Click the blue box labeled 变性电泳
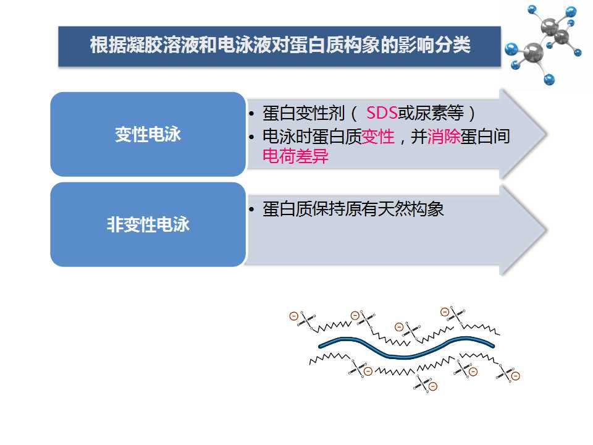[x=148, y=134]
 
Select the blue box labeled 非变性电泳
[x=148, y=225]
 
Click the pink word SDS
[x=382, y=112]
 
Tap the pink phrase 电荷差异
[x=295, y=156]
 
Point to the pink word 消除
[x=444, y=136]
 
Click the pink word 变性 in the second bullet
[x=378, y=136]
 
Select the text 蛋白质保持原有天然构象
[x=353, y=209]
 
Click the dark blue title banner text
[x=280, y=45]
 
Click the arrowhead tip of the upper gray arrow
[x=547, y=134]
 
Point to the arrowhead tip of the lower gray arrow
[x=547, y=230]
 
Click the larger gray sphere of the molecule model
[x=534, y=52]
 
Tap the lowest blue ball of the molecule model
[x=549, y=80]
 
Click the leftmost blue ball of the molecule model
[x=511, y=49]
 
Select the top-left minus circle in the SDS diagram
[x=293, y=316]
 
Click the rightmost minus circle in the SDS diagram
[x=515, y=376]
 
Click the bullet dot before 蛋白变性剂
[x=251, y=114]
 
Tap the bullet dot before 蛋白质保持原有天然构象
[x=251, y=210]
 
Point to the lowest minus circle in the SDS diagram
[x=433, y=386]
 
